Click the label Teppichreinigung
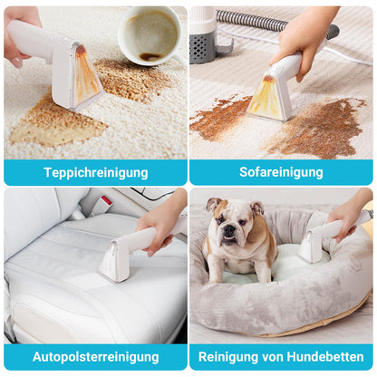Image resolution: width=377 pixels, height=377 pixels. pos(96,173)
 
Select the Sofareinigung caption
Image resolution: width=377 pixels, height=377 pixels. pos(281,172)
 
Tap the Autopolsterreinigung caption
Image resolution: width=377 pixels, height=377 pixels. pos(95,357)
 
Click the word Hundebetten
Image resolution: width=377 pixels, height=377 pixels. pos(325,357)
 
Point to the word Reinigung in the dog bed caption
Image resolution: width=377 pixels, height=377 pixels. pos(228,357)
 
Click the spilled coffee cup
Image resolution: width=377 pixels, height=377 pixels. pos(151,35)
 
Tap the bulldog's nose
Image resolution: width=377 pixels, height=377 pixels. pos(229,231)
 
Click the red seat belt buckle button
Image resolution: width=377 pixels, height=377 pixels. pos(106,200)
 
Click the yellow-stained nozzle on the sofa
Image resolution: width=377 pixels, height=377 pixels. pos(270,97)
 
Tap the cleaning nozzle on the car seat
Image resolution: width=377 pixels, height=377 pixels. pos(112,259)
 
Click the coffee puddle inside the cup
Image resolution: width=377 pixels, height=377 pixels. pos(150,56)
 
